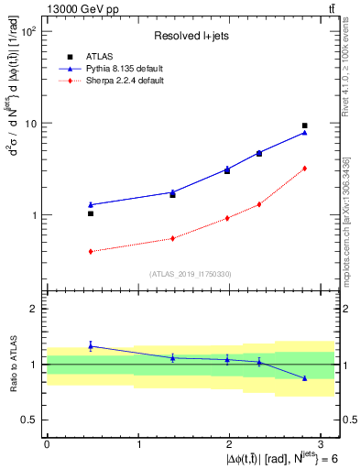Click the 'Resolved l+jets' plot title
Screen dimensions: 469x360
coord(190,36)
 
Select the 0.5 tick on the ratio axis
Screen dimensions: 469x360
coord(29,420)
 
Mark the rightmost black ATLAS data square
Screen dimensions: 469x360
coord(304,125)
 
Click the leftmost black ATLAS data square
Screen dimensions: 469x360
coord(91,213)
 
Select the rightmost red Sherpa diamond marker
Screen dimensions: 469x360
coord(304,169)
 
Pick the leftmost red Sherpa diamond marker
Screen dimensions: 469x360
coord(91,251)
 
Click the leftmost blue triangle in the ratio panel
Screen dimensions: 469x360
coord(91,345)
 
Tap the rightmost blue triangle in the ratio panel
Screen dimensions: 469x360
coord(304,377)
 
